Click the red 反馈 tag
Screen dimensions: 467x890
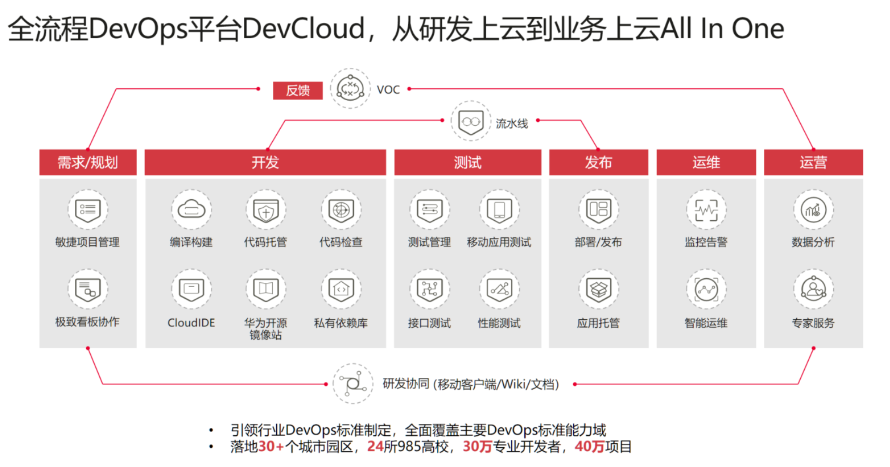click(x=297, y=91)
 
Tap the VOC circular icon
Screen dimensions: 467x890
click(x=350, y=88)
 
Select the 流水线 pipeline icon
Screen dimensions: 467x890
click(x=471, y=121)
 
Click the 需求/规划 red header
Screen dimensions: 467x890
click(x=88, y=162)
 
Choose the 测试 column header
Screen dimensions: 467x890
click(x=467, y=162)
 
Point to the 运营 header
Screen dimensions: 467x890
click(x=813, y=162)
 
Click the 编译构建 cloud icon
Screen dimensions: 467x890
click(x=191, y=209)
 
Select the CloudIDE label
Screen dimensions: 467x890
click(x=191, y=323)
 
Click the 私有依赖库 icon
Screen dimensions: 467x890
click(x=341, y=289)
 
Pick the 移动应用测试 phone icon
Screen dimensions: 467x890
click(x=499, y=209)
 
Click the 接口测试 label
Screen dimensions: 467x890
click(x=429, y=323)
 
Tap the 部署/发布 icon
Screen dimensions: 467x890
click(x=598, y=209)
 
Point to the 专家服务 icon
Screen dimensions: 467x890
click(x=813, y=289)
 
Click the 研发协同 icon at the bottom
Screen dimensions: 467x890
click(x=353, y=383)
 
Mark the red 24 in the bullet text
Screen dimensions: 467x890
click(x=375, y=447)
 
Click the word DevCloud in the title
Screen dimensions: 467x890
click(x=304, y=29)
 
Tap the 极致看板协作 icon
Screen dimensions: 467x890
click(x=88, y=289)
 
